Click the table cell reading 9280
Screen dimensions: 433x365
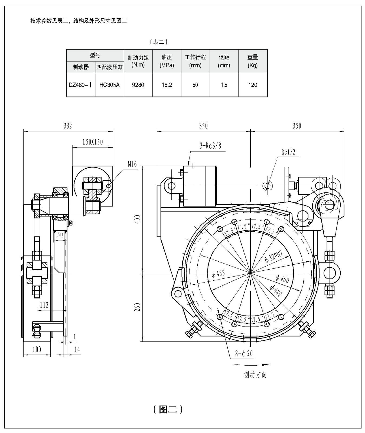pos(138,85)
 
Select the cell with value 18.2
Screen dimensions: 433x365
pos(167,85)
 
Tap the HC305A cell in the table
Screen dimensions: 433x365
pos(109,85)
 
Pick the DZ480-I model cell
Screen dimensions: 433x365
pos(80,85)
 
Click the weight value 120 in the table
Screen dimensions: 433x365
pos(253,85)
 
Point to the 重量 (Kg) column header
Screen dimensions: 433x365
pos(253,61)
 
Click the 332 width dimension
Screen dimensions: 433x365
pos(68,126)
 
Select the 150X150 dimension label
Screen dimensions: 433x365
pos(93,142)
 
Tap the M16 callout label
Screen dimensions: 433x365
pos(132,164)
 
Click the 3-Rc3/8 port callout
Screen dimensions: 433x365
pos(210,146)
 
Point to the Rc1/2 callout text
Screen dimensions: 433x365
pos(288,152)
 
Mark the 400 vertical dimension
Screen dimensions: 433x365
pos(138,219)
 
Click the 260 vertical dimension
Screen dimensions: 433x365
pos(138,307)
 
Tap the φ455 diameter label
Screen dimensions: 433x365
pos(218,274)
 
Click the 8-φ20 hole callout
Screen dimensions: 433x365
pos(244,353)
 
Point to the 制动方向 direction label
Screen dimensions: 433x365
pos(255,375)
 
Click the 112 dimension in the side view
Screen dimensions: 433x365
pos(44,305)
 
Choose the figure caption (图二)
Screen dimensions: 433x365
pos(168,409)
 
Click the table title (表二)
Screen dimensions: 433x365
pos(159,42)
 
